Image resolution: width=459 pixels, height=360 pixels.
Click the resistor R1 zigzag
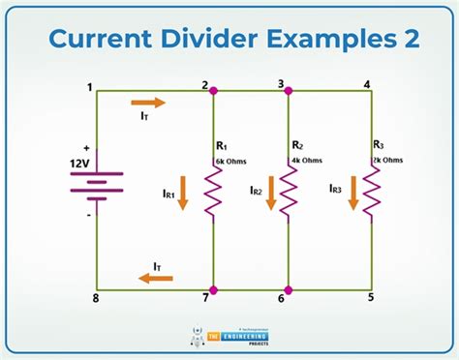coord(213,188)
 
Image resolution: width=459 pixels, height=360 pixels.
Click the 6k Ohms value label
coord(229,160)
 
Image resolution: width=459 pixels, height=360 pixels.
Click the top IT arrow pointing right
coord(148,102)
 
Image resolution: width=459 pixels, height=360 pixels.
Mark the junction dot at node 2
coord(213,90)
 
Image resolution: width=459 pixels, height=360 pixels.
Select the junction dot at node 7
coord(213,288)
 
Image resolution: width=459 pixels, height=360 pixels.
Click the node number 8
coord(95,298)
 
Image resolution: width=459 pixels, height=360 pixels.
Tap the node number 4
coord(366,82)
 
